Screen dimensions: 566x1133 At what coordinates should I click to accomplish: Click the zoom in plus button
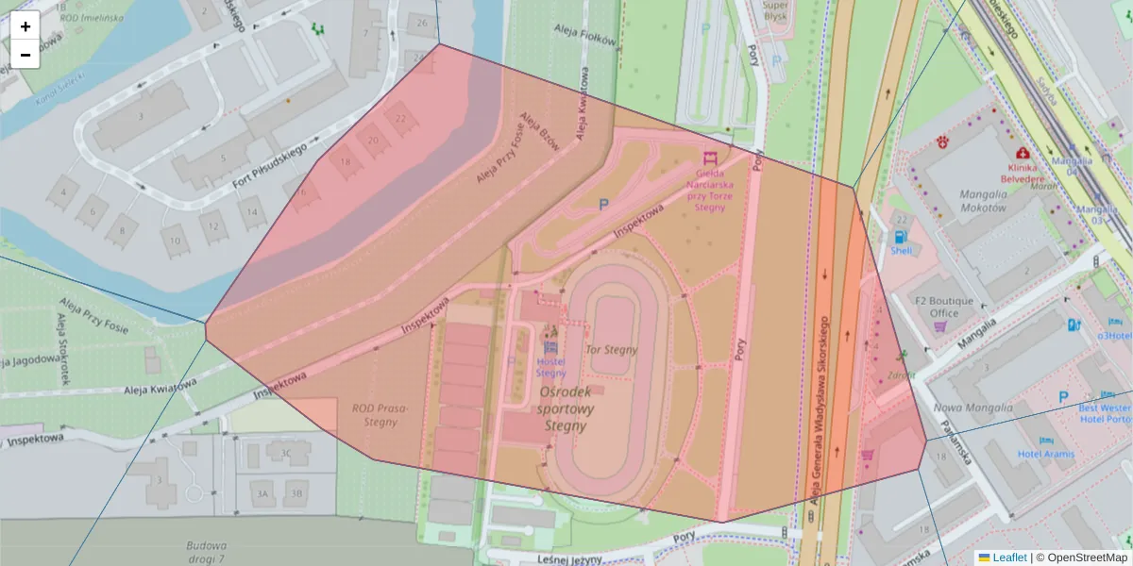click(x=25, y=26)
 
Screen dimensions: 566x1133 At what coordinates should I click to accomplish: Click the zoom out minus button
click(x=25, y=55)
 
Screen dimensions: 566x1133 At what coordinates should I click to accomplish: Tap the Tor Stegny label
click(x=611, y=350)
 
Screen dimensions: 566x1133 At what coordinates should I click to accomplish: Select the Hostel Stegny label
click(x=550, y=366)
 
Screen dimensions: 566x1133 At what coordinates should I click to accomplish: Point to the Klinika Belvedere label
click(x=1024, y=173)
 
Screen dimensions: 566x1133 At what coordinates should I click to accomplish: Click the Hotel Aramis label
click(x=1045, y=454)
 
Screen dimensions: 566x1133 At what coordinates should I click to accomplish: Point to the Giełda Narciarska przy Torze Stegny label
click(x=709, y=190)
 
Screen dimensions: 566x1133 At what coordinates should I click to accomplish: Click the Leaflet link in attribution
click(x=1009, y=558)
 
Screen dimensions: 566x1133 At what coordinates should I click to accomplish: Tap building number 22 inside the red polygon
click(x=401, y=119)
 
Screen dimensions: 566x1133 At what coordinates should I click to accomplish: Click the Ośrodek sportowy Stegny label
click(x=566, y=408)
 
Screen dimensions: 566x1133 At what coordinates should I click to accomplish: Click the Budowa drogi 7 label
click(x=206, y=551)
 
